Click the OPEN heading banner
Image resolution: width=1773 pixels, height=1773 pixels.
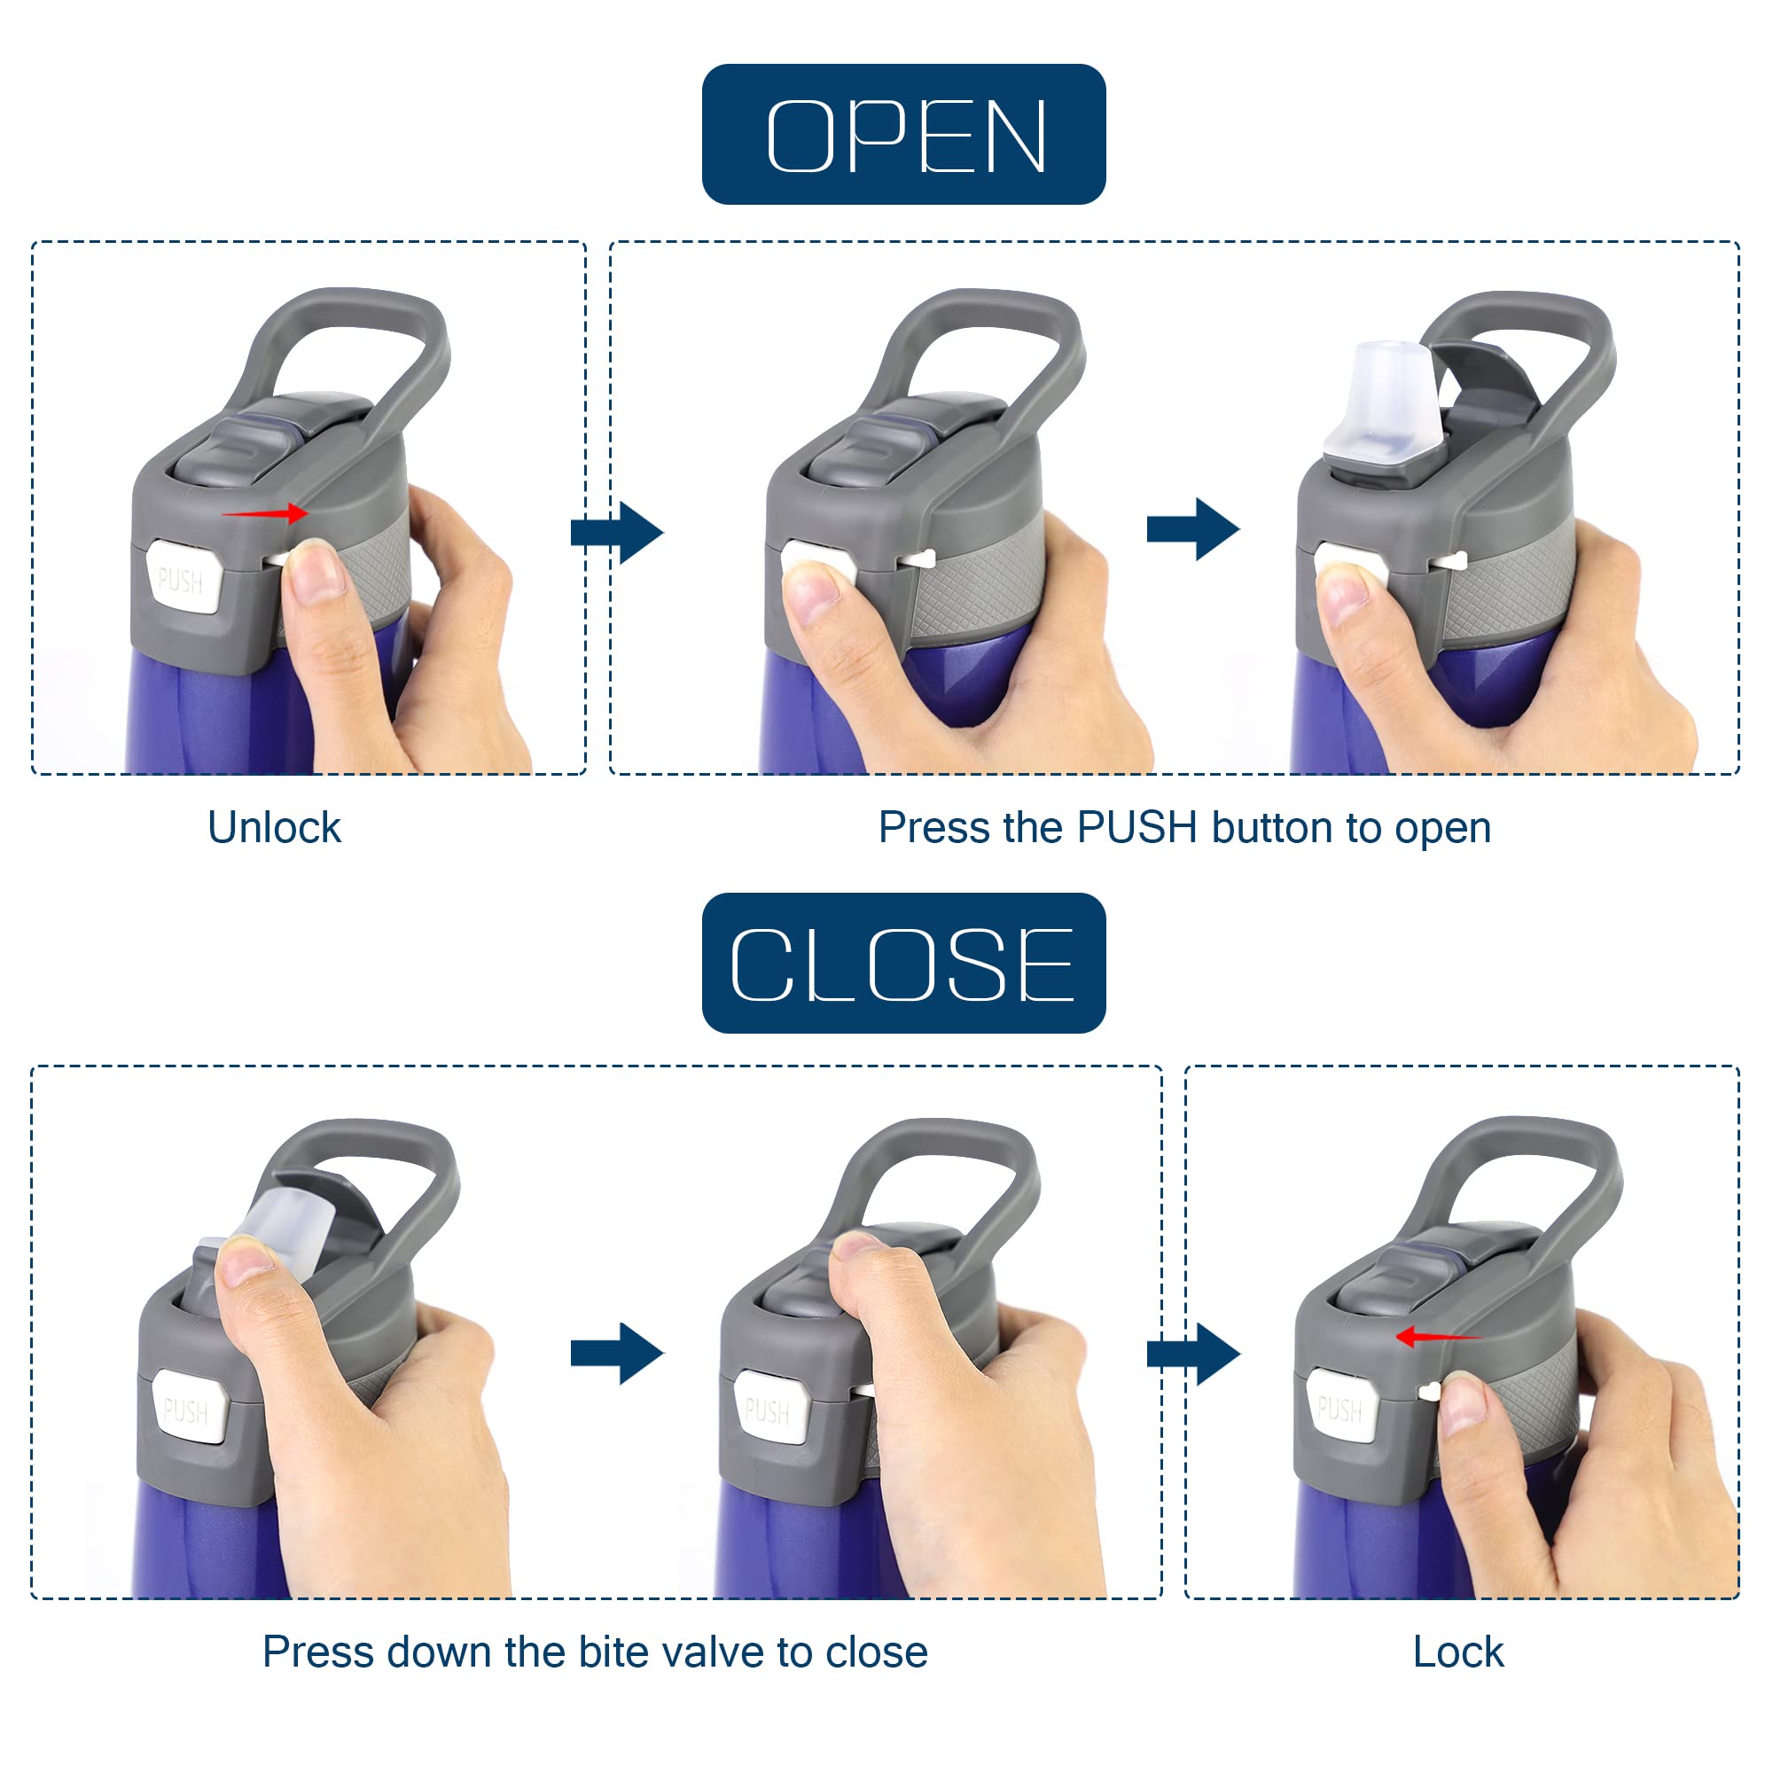[903, 134]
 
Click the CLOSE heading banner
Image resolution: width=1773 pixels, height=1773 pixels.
[903, 963]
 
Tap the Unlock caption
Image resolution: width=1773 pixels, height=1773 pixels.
[275, 828]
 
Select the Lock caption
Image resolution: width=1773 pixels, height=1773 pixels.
[1457, 1652]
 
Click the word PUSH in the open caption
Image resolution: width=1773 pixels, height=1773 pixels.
[1137, 827]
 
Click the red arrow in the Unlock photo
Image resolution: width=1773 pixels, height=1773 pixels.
[265, 513]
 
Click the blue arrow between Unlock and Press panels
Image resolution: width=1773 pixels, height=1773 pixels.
[617, 532]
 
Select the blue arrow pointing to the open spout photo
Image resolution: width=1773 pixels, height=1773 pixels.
[1193, 528]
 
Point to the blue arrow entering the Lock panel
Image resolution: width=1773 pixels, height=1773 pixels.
[1193, 1353]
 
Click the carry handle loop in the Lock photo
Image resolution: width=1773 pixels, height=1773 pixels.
[1514, 1193]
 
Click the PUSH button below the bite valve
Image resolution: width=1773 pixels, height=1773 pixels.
[188, 1407]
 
